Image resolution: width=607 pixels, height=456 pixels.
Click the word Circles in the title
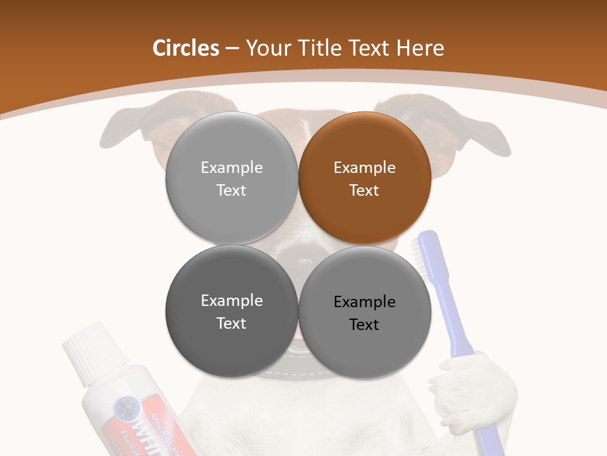(x=185, y=48)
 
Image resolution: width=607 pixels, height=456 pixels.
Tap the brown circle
(x=365, y=178)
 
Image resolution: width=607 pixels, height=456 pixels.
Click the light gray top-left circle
(x=231, y=178)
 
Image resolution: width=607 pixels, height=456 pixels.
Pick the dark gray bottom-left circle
(x=231, y=311)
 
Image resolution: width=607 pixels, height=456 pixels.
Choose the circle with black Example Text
(x=365, y=312)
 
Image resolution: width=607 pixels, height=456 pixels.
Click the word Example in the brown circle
(x=364, y=168)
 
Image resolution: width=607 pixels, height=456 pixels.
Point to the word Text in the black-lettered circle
(x=364, y=325)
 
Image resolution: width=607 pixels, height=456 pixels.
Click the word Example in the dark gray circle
(x=231, y=301)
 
